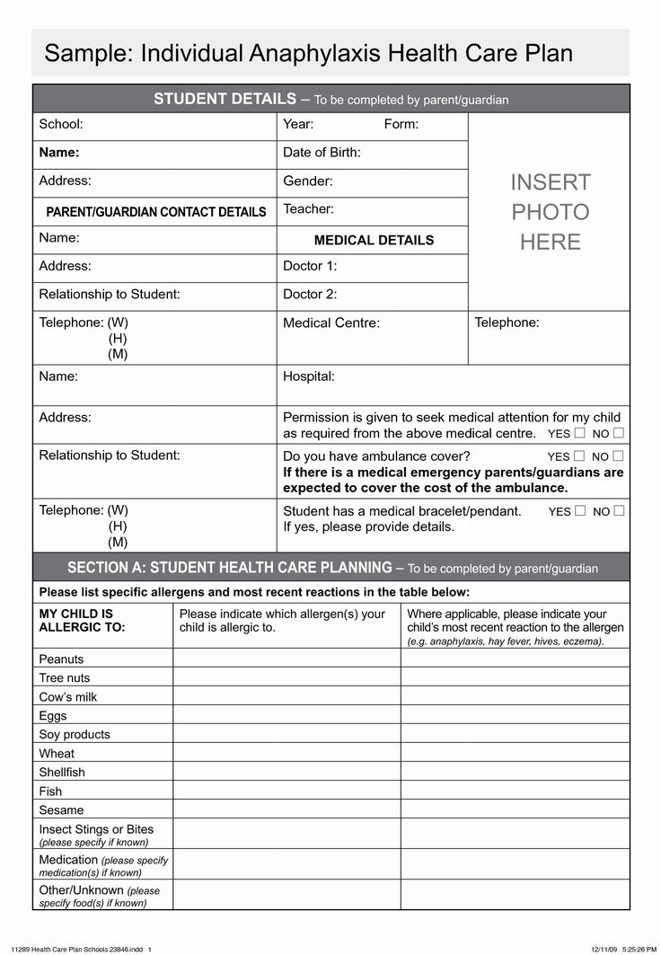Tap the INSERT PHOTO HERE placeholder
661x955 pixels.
point(550,212)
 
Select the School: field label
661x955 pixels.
point(61,125)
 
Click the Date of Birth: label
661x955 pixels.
point(322,153)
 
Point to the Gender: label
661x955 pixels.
point(307,181)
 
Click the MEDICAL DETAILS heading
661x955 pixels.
point(374,241)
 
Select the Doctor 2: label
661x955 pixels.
point(310,295)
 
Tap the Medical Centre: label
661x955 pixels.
point(331,323)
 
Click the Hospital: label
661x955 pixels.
point(309,377)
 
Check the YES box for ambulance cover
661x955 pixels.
point(579,456)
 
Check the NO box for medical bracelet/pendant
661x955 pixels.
point(618,511)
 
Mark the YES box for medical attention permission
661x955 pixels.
point(579,433)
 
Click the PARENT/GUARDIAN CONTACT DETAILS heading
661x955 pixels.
point(156,213)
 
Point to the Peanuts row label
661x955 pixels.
point(61,659)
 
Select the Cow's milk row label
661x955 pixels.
point(68,697)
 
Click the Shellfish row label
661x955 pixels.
point(62,773)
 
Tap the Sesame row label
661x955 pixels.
point(61,810)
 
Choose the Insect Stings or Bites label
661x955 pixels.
point(96,830)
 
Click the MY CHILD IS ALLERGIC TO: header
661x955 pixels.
point(76,621)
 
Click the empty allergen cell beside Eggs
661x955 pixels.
point(286,716)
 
